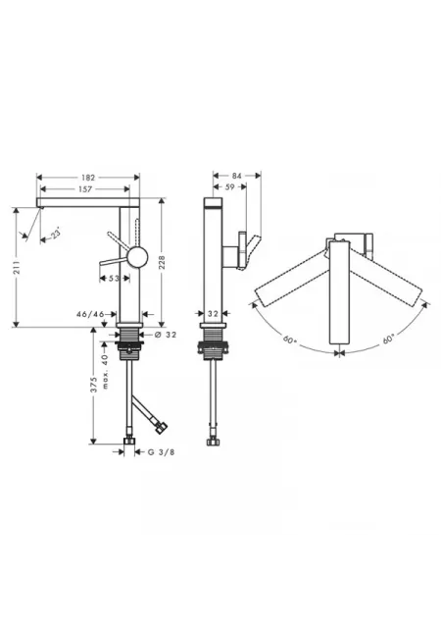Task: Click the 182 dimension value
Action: click(x=88, y=178)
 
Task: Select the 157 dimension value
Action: click(x=85, y=189)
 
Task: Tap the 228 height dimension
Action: click(x=162, y=262)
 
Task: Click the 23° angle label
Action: click(x=57, y=234)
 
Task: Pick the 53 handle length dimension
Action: click(x=114, y=278)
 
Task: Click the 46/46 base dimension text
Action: click(x=90, y=314)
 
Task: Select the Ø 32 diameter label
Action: click(x=166, y=335)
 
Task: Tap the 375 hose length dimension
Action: click(x=94, y=385)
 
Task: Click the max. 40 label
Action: click(x=105, y=371)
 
